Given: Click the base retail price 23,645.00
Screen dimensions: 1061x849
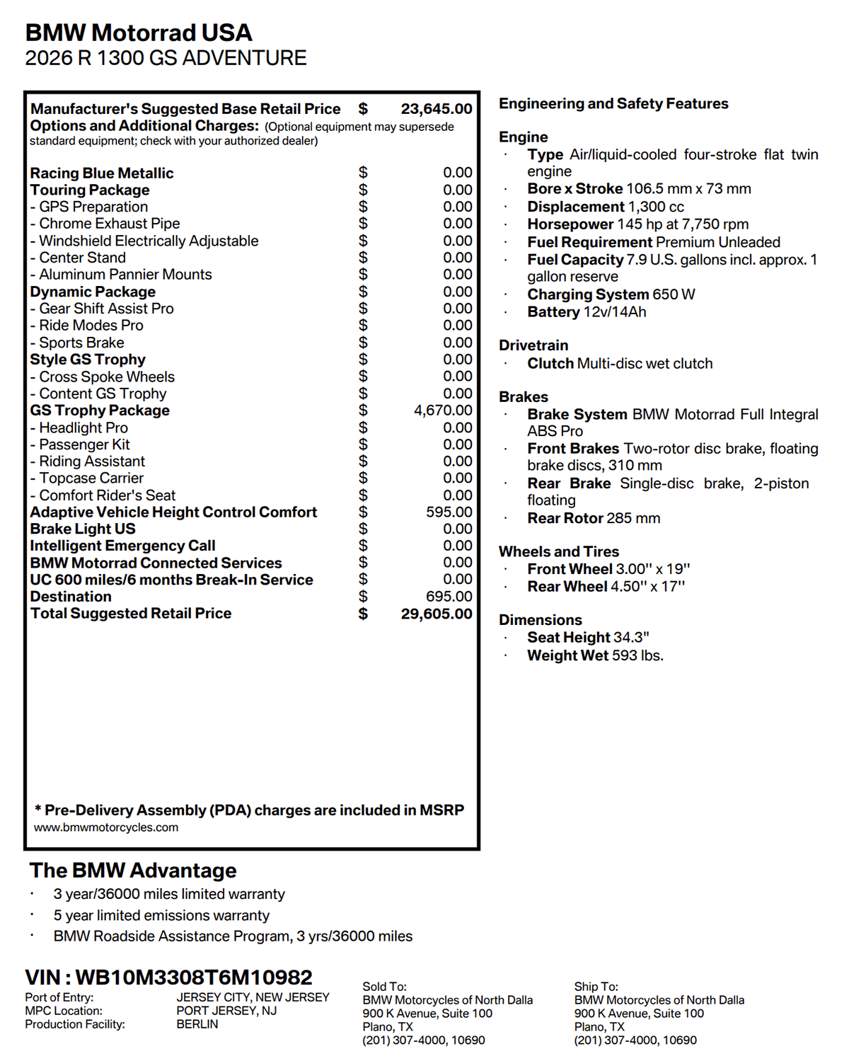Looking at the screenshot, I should (x=436, y=109).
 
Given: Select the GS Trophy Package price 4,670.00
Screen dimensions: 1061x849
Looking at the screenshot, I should (x=443, y=411).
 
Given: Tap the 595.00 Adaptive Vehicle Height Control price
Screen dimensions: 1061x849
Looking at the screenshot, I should (x=449, y=512).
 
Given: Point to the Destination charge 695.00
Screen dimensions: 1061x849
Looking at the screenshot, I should (x=449, y=597).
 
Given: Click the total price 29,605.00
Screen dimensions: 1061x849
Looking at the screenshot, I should (x=436, y=614).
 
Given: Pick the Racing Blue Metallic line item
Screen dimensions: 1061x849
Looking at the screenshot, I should (x=102, y=173).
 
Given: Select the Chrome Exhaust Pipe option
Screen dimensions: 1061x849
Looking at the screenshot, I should (x=109, y=224).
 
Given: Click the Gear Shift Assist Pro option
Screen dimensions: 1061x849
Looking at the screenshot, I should (x=106, y=309).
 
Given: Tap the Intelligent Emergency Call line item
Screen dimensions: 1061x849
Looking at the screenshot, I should (x=122, y=546).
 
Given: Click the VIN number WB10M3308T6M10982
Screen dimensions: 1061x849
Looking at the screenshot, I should (x=193, y=977).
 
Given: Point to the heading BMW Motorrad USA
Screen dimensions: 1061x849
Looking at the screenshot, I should (x=139, y=33).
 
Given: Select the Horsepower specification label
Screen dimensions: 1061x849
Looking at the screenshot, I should (x=570, y=224).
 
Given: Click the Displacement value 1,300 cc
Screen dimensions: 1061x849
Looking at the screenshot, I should (x=656, y=207).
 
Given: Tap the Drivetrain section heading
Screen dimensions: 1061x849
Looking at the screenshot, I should (x=533, y=345).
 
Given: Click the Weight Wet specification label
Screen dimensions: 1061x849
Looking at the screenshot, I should (x=567, y=655).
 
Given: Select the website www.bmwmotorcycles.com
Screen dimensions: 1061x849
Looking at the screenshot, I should (x=106, y=827).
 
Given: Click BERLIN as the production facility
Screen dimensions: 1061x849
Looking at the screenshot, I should (x=197, y=1024).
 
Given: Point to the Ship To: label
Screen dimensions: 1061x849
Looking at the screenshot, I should (x=596, y=987).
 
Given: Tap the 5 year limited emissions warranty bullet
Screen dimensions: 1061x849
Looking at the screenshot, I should (x=161, y=915).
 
